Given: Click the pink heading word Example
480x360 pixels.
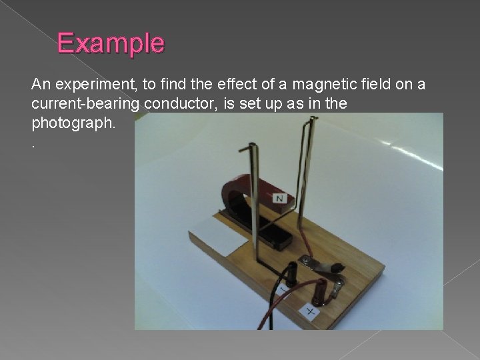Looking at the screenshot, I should [110, 43].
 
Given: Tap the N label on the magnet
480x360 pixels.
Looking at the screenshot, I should [280, 198].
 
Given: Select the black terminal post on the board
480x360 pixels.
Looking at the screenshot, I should [291, 273].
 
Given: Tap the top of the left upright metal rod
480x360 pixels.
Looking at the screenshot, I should [249, 146].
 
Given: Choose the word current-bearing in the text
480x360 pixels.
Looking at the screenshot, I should [85, 105].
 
